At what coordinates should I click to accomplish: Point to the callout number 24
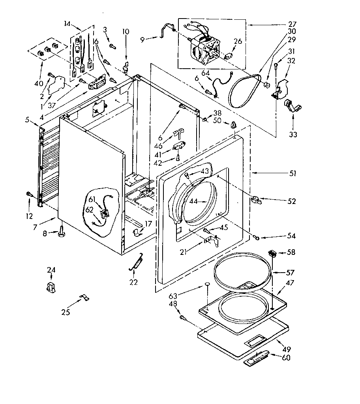click(51, 270)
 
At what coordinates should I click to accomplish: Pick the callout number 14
click(67, 24)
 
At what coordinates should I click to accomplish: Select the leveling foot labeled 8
click(62, 234)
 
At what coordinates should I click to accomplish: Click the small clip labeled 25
click(84, 297)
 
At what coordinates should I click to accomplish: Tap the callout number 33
click(293, 134)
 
